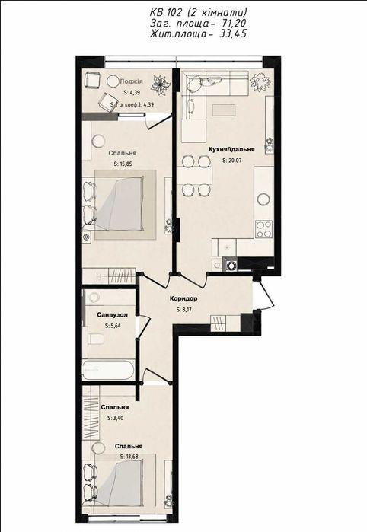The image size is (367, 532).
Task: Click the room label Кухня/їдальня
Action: (231, 149)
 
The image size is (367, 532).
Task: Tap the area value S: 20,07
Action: (232, 161)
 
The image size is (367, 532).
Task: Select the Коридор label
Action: (183, 299)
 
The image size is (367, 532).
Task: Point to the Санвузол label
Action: (113, 315)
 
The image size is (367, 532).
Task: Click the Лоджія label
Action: (132, 81)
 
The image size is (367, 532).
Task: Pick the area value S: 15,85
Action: (123, 164)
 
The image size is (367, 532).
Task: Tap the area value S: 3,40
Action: (116, 419)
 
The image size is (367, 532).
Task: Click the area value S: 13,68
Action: (129, 457)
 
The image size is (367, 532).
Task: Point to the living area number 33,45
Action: (233, 34)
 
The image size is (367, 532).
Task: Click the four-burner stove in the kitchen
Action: (263, 229)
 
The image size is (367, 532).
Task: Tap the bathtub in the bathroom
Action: (107, 370)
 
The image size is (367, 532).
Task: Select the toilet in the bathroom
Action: (96, 338)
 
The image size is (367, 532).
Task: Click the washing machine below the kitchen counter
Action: (230, 264)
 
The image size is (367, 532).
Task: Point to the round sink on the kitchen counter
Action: (263, 199)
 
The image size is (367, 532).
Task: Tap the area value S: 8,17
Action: (184, 310)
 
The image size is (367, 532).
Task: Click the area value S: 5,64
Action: (113, 326)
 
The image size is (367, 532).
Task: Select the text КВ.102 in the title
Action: (166, 12)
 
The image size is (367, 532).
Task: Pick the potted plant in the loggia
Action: (158, 84)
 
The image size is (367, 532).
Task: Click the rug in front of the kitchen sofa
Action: (223, 110)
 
